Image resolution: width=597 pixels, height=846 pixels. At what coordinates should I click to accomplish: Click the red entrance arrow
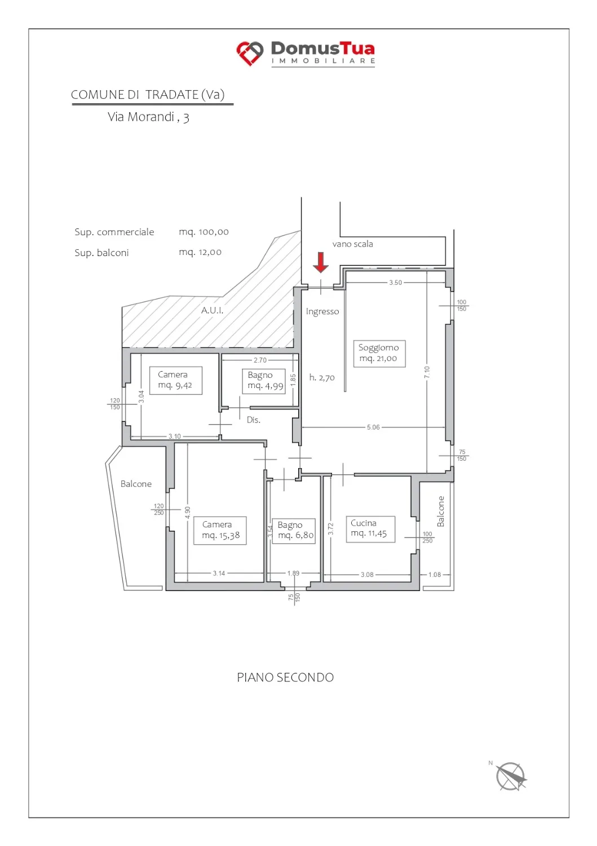(x=321, y=262)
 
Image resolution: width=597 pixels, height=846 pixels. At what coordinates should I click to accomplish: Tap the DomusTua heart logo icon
(x=250, y=53)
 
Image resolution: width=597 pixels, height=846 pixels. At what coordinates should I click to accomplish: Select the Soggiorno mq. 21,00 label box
(x=379, y=353)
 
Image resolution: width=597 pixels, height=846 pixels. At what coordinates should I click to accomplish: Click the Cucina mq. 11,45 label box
(x=370, y=529)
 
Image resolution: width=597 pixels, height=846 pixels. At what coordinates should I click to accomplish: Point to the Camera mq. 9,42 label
(x=175, y=380)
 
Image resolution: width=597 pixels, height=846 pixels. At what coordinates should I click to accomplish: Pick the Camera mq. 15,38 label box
(x=220, y=530)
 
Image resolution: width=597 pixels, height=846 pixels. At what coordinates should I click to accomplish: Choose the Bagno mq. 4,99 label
(x=263, y=381)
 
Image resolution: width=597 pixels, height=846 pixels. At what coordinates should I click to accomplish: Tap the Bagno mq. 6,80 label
(x=293, y=531)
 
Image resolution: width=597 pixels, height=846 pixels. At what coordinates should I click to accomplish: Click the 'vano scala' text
(x=352, y=244)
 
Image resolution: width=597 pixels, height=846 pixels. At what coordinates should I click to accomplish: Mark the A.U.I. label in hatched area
(x=212, y=310)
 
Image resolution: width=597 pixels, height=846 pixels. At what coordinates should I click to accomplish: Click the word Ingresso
(x=322, y=311)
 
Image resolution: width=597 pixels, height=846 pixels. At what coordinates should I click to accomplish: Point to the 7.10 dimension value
(x=427, y=372)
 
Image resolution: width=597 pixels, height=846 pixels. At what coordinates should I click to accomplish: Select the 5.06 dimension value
(x=373, y=427)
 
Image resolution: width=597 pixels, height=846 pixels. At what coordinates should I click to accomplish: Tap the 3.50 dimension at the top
(x=395, y=283)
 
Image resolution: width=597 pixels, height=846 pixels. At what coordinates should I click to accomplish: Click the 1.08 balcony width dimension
(x=434, y=575)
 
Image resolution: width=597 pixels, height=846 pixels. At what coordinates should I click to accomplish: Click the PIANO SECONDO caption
(x=285, y=677)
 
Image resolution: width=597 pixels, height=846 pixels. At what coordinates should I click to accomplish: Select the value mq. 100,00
(x=204, y=232)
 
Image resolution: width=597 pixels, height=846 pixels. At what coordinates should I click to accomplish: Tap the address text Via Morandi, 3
(x=148, y=117)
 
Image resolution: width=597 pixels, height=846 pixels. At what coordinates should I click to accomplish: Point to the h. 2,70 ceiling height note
(x=322, y=377)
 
